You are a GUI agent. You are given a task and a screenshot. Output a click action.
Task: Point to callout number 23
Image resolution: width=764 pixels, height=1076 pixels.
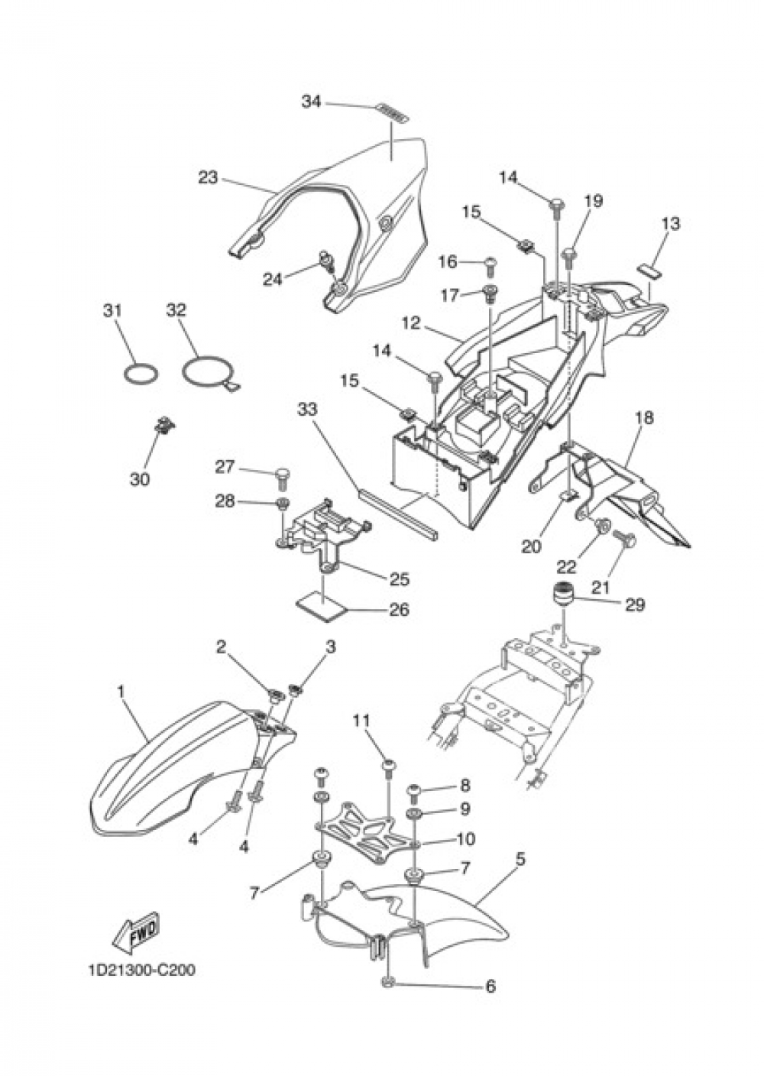[x=208, y=177]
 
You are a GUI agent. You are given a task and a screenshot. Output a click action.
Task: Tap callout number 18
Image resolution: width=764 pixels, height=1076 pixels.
[x=644, y=417]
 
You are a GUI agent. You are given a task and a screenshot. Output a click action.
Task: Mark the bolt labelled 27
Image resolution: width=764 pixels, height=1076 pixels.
[x=282, y=477]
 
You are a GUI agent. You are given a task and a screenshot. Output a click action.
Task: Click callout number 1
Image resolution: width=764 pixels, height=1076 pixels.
[x=121, y=692]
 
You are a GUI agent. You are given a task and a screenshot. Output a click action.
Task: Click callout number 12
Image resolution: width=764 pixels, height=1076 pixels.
[x=411, y=323]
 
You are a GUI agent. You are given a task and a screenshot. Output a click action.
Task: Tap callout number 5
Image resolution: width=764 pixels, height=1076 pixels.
[x=521, y=858]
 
